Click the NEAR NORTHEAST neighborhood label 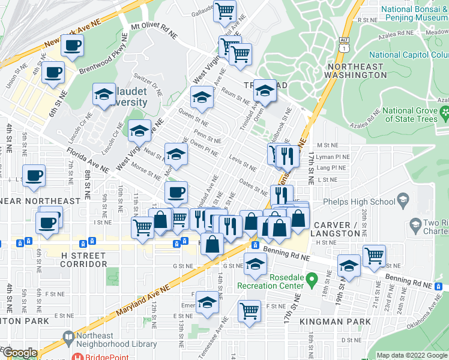40,200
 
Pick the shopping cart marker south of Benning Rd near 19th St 374,255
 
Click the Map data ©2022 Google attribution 412,355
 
